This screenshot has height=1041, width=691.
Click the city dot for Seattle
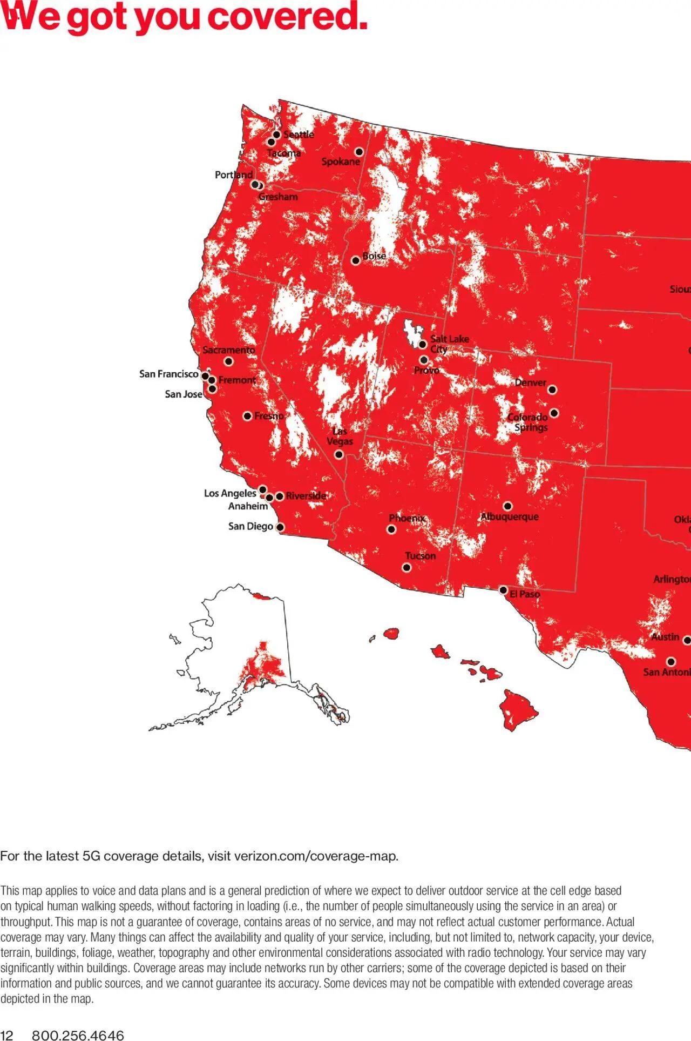pyautogui.click(x=277, y=135)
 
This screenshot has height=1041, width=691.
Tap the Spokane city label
pyautogui.click(x=341, y=162)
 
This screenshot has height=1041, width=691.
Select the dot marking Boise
pyautogui.click(x=355, y=260)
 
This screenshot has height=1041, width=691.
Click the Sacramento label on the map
pyautogui.click(x=229, y=350)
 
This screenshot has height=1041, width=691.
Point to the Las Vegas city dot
pyautogui.click(x=339, y=454)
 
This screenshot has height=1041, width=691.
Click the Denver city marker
pyautogui.click(x=552, y=389)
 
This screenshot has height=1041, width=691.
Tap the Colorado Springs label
pyautogui.click(x=528, y=422)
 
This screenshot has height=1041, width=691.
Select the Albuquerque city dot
pyautogui.click(x=507, y=506)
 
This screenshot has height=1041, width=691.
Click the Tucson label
pyautogui.click(x=420, y=556)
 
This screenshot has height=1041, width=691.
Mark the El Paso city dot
pyautogui.click(x=503, y=590)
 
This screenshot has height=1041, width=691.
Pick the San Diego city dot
pyautogui.click(x=280, y=527)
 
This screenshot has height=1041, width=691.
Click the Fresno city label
pyautogui.click(x=269, y=416)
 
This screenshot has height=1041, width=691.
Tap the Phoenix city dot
pyautogui.click(x=391, y=529)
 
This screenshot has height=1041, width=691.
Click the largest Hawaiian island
pyautogui.click(x=517, y=709)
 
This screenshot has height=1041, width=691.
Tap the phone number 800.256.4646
pyautogui.click(x=78, y=1035)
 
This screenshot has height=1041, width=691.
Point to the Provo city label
pyautogui.click(x=426, y=371)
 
